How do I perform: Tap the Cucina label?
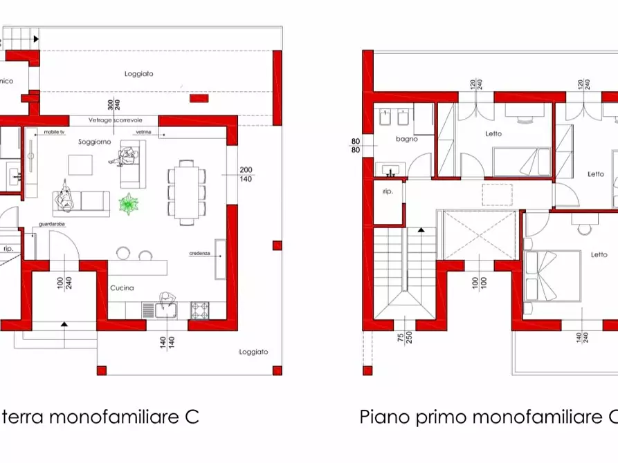(122, 288)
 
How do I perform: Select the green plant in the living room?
(129, 205)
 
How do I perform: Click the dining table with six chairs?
(186, 192)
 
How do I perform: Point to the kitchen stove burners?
(199, 310)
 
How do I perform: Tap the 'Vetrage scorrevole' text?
(114, 121)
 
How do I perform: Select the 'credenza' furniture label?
(199, 254)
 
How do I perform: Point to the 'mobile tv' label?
(54, 131)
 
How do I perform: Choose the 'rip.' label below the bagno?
(388, 191)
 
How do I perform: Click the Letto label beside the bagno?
(493, 133)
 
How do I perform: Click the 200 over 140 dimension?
(245, 174)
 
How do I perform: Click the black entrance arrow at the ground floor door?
(64, 323)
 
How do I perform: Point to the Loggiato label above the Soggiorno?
(138, 73)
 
